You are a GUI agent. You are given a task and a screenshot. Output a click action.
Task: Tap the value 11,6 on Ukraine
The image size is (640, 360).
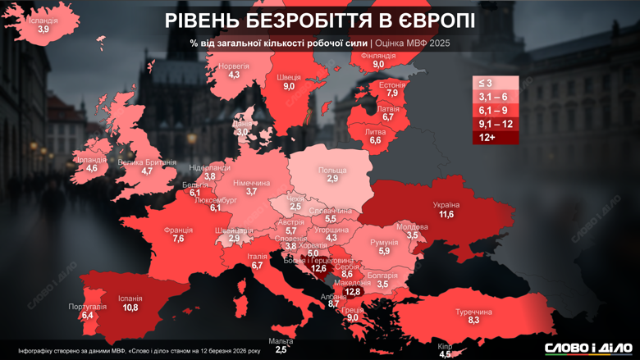(x=446, y=215)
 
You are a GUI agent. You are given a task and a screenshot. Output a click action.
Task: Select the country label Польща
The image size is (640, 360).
(x=332, y=171)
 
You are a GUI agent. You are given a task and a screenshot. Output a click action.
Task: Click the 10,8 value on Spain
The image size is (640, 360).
(x=130, y=308)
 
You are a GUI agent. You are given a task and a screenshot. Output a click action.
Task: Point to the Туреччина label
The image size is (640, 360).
(x=473, y=312)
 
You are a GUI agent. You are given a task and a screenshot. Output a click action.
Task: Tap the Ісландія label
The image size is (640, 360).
(x=43, y=21)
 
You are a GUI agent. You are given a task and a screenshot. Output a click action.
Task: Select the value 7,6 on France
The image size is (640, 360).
(x=178, y=239)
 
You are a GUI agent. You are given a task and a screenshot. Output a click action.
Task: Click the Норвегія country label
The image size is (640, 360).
(x=234, y=66)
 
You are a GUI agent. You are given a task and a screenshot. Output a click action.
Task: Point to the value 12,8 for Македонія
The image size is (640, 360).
(x=354, y=292)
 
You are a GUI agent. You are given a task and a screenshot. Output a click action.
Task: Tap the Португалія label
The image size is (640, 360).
(x=87, y=307)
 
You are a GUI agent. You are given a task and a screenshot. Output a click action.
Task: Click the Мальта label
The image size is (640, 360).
(x=281, y=340)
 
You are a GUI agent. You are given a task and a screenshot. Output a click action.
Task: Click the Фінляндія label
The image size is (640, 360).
(x=378, y=56)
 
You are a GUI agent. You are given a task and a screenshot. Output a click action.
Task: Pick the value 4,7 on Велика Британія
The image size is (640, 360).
(x=147, y=171)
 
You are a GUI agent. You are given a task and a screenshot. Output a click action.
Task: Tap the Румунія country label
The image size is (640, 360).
(x=384, y=242)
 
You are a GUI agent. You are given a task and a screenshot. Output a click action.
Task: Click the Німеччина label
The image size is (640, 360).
(x=252, y=183)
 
